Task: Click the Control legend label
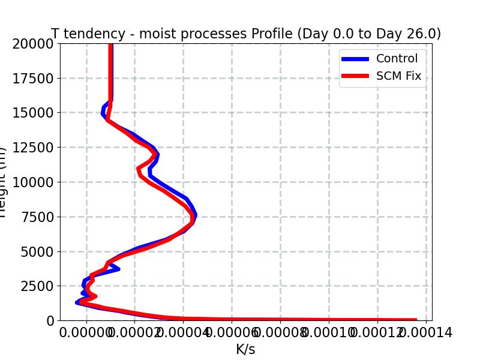pyautogui.click(x=397, y=58)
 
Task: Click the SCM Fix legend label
pyautogui.click(x=398, y=76)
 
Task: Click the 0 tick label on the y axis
pyautogui.click(x=50, y=321)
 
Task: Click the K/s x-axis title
pyautogui.click(x=245, y=349)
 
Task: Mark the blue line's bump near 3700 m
pyautogui.click(x=117, y=268)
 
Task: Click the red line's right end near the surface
pyautogui.click(x=416, y=320)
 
